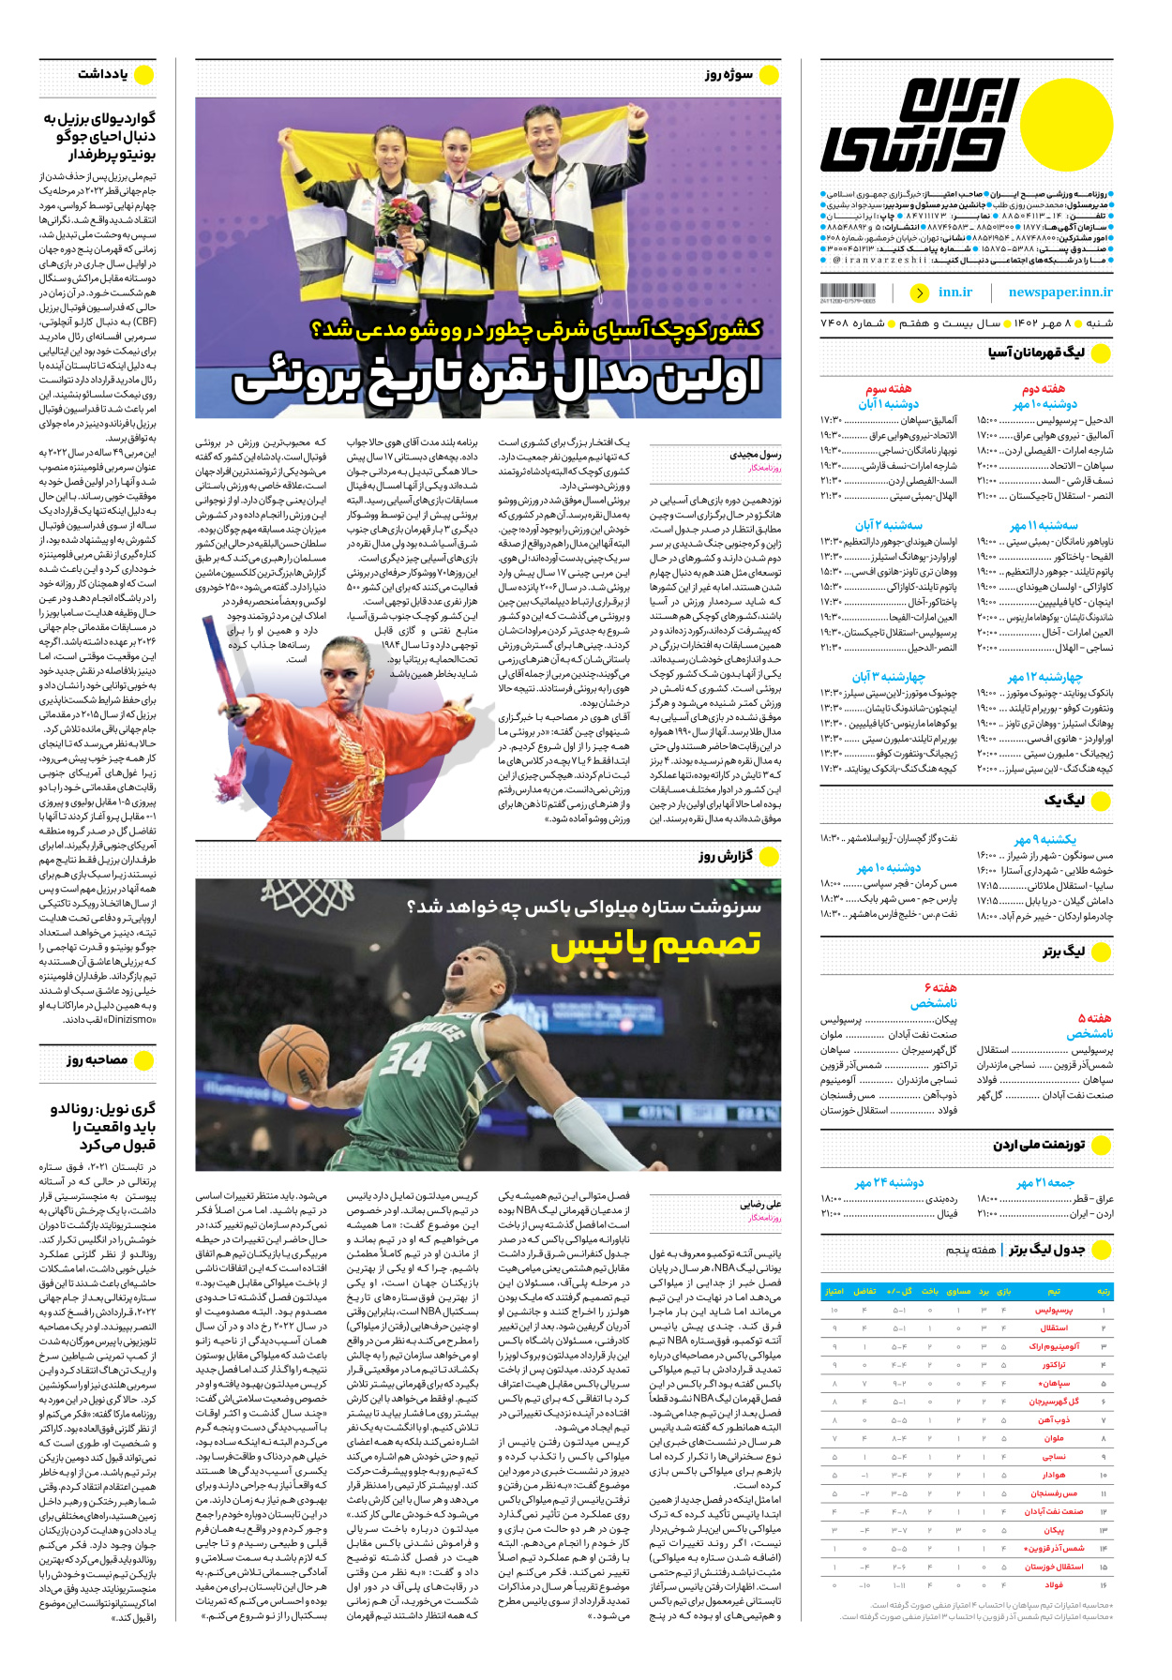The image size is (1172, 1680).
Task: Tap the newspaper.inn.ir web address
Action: point(1060,292)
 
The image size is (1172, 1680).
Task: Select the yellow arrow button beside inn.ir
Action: point(919,292)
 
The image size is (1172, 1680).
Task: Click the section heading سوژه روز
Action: point(729,74)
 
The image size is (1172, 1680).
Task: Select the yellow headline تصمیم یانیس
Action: point(655,945)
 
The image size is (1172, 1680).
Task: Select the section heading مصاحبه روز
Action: point(98,1059)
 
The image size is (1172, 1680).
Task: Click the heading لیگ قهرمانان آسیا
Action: point(1036,352)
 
